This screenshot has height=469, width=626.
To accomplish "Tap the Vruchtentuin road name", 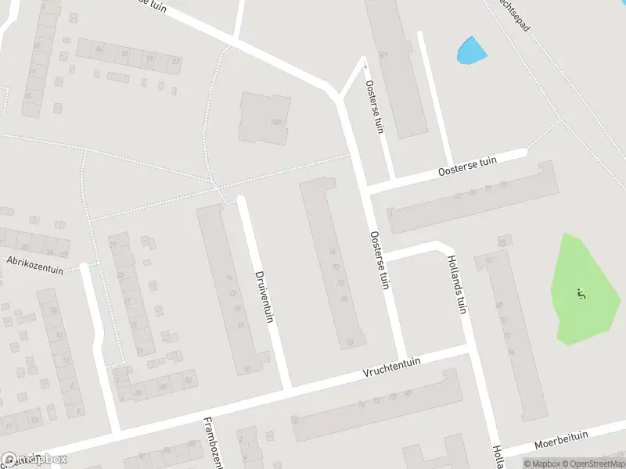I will pyautogui.click(x=392, y=367).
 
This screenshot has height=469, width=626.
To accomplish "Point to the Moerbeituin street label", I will pyautogui.click(x=560, y=442).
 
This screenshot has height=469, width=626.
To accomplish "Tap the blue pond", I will pyautogui.click(x=471, y=51).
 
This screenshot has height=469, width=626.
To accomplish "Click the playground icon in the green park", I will pyautogui.click(x=581, y=294).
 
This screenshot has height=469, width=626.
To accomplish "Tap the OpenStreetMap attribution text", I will pyautogui.click(x=593, y=464).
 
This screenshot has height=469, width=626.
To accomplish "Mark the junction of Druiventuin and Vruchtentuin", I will pyautogui.click(x=287, y=388).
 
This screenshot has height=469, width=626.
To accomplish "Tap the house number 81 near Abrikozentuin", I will pyautogui.click(x=189, y=381).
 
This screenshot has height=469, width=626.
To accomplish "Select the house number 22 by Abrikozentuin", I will pyautogui.click(x=63, y=254).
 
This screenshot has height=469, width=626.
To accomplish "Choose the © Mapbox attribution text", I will pyautogui.click(x=542, y=464).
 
